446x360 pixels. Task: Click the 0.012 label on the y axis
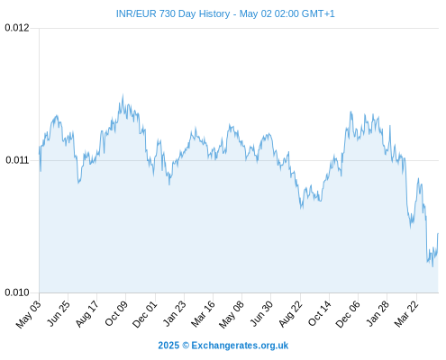click(x=17, y=28)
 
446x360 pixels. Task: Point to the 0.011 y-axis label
click(x=17, y=160)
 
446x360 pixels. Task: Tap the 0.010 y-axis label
click(x=17, y=292)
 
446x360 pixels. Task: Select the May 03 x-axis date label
click(x=29, y=314)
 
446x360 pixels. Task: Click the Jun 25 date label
click(x=59, y=313)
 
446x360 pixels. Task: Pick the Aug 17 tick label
click(x=86, y=314)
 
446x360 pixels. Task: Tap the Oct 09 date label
click(x=116, y=313)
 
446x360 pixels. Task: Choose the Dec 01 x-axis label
click(x=145, y=314)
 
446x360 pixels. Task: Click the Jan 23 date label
click(x=175, y=313)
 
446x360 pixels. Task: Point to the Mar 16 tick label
click(x=204, y=314)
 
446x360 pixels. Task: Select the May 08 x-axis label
click(x=232, y=314)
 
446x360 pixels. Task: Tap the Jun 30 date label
click(x=261, y=313)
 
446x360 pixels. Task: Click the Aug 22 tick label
click(x=290, y=314)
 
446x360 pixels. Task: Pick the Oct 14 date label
click(x=320, y=313)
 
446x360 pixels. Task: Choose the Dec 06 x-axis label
click(x=348, y=314)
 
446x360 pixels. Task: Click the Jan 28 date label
click(x=378, y=313)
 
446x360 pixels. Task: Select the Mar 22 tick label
click(x=406, y=314)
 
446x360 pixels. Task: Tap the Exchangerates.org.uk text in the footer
click(x=240, y=346)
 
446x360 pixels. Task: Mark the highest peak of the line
click(x=123, y=94)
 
